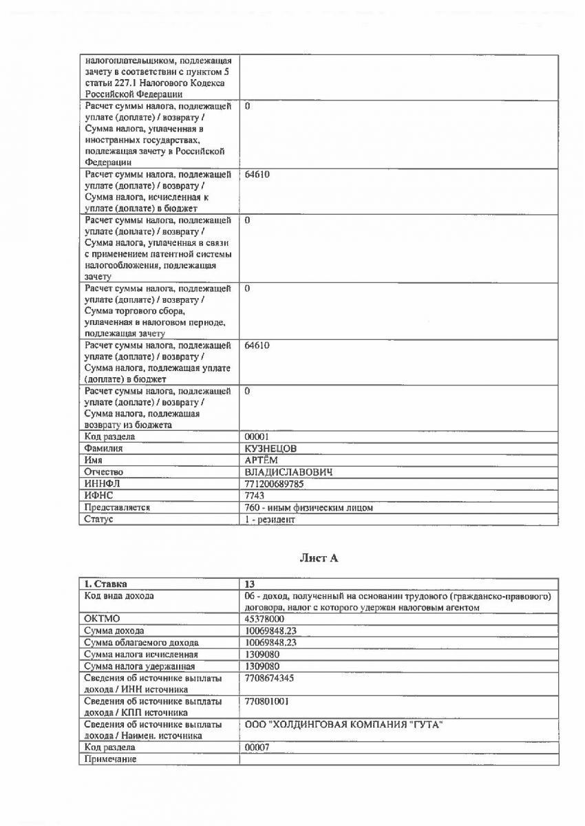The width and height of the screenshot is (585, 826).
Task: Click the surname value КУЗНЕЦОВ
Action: (x=272, y=449)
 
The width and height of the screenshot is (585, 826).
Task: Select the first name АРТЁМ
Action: (x=262, y=460)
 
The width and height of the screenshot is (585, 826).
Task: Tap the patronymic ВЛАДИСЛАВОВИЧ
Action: (x=289, y=472)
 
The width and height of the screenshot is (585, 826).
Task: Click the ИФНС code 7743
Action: (x=255, y=496)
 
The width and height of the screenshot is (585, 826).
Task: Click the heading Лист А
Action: (x=319, y=558)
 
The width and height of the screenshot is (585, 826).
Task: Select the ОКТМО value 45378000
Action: (x=266, y=619)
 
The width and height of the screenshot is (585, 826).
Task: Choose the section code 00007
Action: (x=257, y=747)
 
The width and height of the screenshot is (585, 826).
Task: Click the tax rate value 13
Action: (x=250, y=584)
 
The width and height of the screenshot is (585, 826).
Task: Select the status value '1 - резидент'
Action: (x=270, y=520)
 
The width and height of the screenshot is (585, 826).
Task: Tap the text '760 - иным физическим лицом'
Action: (x=309, y=507)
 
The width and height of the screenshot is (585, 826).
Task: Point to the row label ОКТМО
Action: (x=102, y=619)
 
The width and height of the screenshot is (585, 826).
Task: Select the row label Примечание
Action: (x=110, y=759)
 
